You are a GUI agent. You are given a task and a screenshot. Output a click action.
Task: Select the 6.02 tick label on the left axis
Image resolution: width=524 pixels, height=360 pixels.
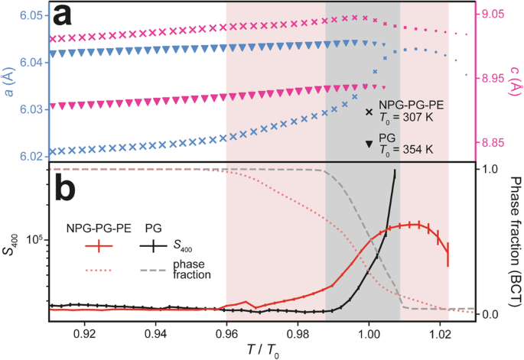click(x=32, y=156)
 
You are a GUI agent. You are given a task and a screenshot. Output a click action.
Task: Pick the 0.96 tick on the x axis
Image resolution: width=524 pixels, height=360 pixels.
click(x=226, y=335)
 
